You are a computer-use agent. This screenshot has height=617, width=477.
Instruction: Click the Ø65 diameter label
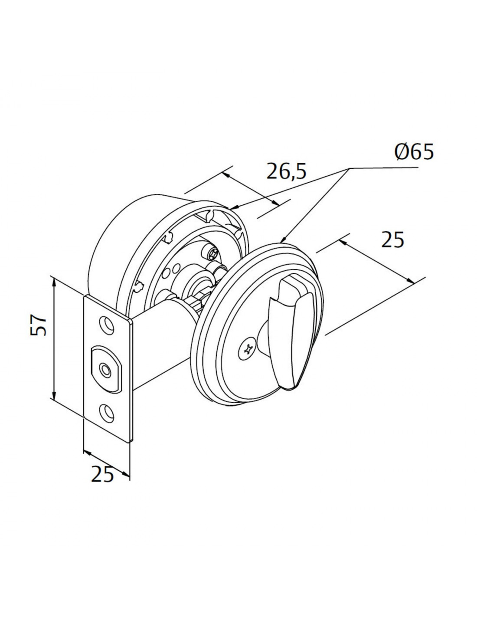click(414, 152)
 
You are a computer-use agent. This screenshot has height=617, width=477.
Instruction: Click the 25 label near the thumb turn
click(392, 240)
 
